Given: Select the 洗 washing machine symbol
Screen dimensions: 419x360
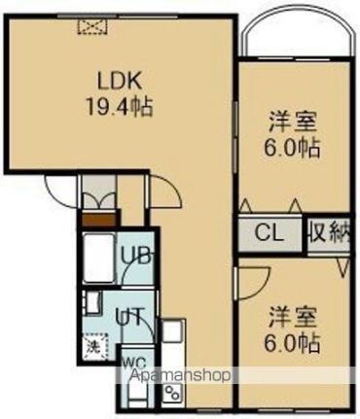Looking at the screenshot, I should [91, 343].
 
